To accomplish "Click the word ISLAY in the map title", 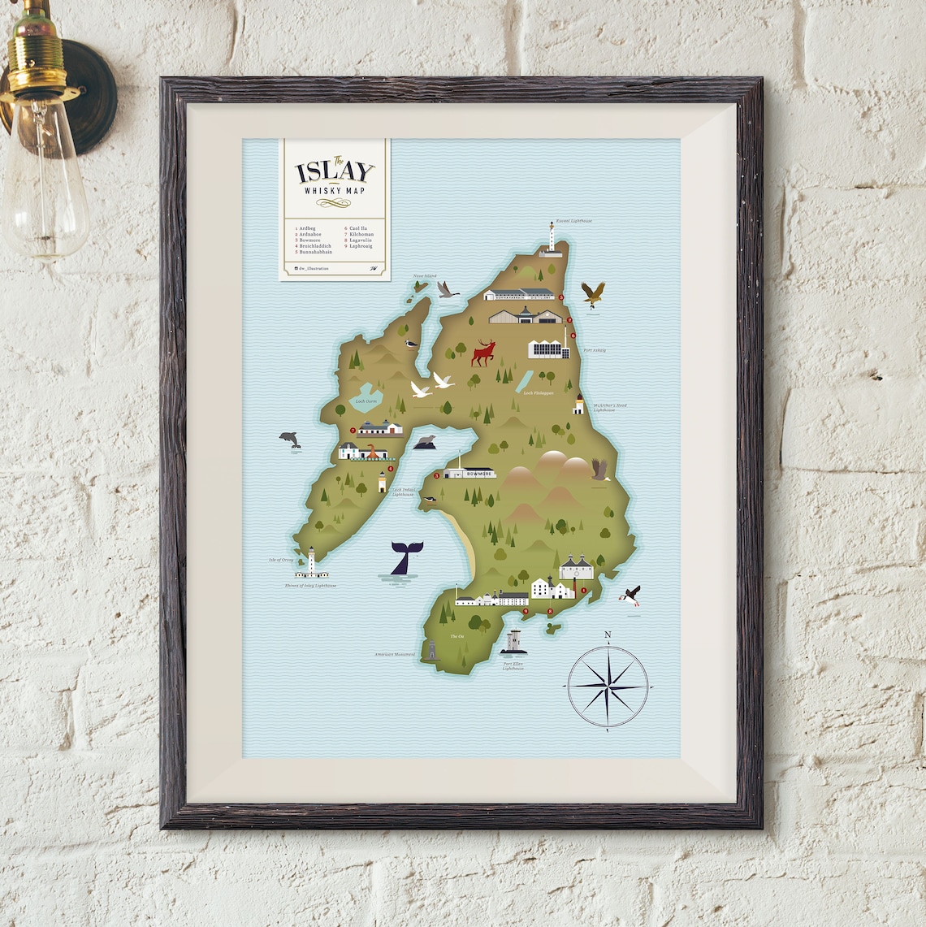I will pyautogui.click(x=335, y=171).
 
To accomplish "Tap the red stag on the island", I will pyautogui.click(x=484, y=353).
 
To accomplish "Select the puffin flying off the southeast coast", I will pyautogui.click(x=630, y=596).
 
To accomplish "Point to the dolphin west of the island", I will pyautogui.click(x=289, y=439).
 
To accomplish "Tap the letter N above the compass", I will pyautogui.click(x=608, y=635).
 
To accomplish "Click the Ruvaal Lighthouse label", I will pyautogui.click(x=574, y=221).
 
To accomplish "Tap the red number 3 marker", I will pyautogui.click(x=436, y=475).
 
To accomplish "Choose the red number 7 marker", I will pyautogui.click(x=353, y=431).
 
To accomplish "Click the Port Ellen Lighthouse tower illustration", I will pyautogui.click(x=513, y=642).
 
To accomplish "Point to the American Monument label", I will pyautogui.click(x=395, y=654).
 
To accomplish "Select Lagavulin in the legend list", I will pyautogui.click(x=361, y=240).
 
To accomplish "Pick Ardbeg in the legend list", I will pyautogui.click(x=307, y=229).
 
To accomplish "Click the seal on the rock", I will pyautogui.click(x=424, y=441).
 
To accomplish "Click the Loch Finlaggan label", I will pyautogui.click(x=538, y=392).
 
